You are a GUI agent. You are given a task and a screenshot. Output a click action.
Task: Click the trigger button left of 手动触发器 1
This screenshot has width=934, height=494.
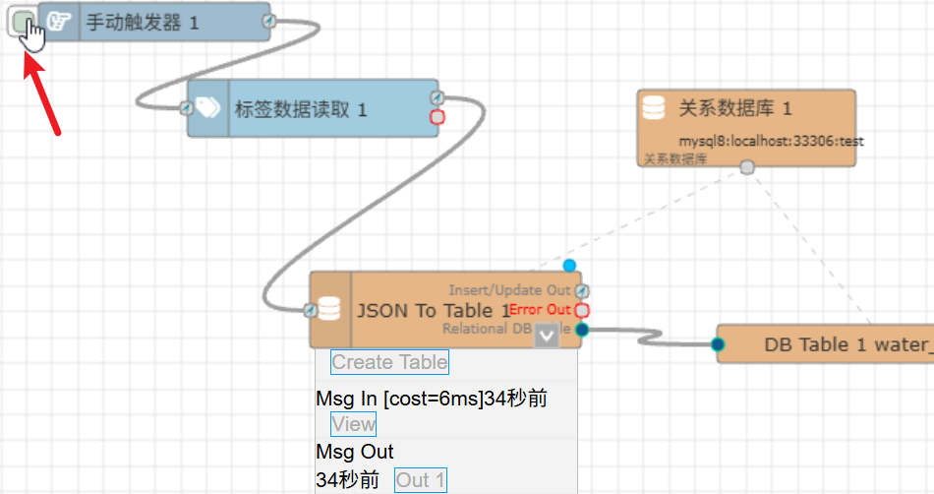click(22, 21)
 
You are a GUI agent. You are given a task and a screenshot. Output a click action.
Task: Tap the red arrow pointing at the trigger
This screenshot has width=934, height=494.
click(42, 94)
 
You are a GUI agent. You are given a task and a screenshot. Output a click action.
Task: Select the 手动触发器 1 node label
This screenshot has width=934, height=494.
click(142, 22)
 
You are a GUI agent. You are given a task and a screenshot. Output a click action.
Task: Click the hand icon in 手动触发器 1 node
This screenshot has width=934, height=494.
click(60, 22)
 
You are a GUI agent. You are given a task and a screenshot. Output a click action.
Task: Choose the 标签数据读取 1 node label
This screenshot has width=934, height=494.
click(301, 109)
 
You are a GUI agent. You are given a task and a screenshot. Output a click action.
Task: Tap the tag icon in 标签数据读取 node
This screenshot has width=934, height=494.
click(209, 108)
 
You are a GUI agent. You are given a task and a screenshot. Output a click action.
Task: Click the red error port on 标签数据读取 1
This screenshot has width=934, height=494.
click(438, 117)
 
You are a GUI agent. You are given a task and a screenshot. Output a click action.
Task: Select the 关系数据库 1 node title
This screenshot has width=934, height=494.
click(734, 108)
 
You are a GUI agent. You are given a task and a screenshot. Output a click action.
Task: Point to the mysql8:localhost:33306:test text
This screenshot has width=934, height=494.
click(771, 141)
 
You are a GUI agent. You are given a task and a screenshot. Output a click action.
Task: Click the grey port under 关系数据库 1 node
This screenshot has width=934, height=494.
click(747, 168)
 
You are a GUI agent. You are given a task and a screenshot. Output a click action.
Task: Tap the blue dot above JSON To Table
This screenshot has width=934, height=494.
click(569, 266)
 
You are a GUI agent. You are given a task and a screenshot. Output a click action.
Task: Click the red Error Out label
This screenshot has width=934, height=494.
click(540, 310)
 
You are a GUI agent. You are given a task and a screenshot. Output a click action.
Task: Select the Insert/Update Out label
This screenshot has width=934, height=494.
click(509, 290)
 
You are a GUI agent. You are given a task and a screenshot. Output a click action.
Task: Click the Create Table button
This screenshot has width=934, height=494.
click(389, 362)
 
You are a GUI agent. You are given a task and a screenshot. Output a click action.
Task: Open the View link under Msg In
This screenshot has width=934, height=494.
click(353, 424)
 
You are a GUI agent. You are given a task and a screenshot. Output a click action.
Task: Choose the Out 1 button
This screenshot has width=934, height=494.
click(420, 480)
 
